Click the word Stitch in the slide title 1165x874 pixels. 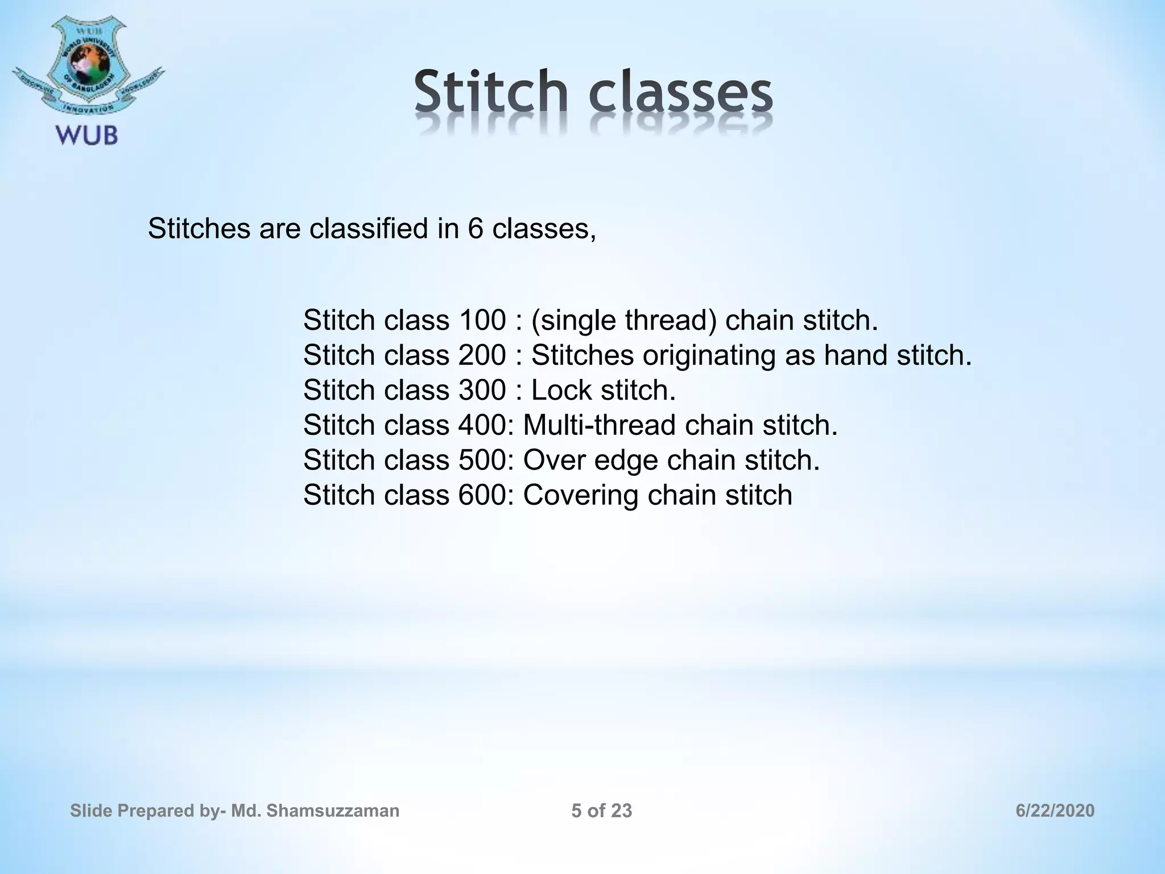coord(490,91)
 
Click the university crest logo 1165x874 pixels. coord(86,65)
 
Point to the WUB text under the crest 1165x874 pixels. coord(86,135)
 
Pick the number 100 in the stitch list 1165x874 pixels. coord(481,320)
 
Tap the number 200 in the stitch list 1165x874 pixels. coord(481,355)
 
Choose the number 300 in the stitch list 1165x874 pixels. coord(481,390)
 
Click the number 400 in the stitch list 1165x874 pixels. coord(481,425)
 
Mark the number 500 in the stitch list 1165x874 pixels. coord(481,460)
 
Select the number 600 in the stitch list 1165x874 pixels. coord(481,495)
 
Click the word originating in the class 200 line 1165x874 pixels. coord(709,356)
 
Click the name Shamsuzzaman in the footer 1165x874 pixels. coord(332,811)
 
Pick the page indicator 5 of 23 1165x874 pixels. coord(601,811)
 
